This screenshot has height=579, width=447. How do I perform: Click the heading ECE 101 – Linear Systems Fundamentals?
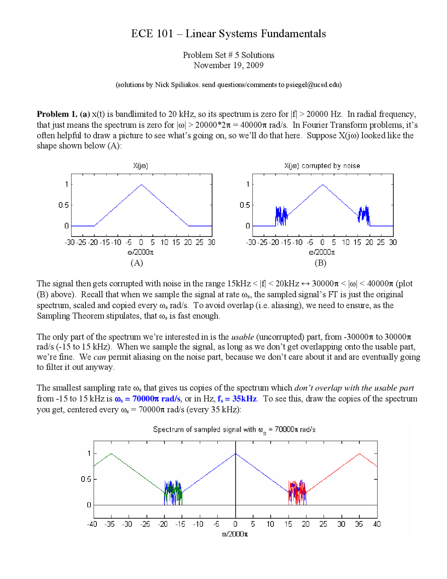click(228, 34)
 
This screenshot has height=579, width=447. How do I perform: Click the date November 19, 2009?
click(228, 65)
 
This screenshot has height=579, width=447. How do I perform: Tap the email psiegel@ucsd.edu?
click(313, 85)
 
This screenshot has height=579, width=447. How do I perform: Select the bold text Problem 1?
click(57, 114)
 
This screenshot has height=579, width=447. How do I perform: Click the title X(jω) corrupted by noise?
click(322, 166)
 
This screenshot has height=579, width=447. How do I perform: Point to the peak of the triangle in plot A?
click(141, 185)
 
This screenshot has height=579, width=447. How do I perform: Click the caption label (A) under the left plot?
click(137, 263)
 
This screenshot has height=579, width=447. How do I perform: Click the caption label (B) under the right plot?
click(320, 263)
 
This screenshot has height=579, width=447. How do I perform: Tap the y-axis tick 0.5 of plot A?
click(64, 205)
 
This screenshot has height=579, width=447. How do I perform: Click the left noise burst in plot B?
click(281, 216)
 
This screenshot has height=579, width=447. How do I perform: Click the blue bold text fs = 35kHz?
click(237, 399)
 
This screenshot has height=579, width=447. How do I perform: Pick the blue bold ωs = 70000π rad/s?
click(147, 399)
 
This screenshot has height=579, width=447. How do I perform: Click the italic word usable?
click(242, 337)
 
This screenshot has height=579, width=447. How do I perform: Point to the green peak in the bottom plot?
click(111, 454)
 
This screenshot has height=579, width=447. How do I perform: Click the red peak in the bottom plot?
click(359, 454)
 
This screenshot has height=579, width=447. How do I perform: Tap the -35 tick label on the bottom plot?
click(110, 524)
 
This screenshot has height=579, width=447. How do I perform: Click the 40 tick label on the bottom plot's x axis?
click(377, 524)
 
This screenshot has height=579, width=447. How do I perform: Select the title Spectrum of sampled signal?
click(234, 429)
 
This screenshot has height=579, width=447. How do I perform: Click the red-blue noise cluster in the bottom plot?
click(297, 492)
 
